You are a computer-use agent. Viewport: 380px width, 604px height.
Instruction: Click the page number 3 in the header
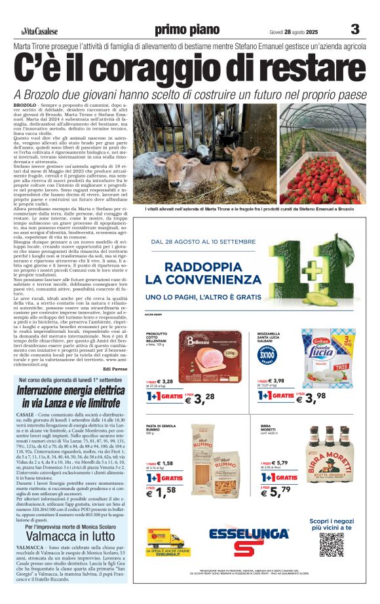tap(355, 29)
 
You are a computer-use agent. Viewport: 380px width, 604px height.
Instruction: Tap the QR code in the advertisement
tap(332, 544)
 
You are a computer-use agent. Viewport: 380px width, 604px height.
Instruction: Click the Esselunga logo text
tap(249, 533)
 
